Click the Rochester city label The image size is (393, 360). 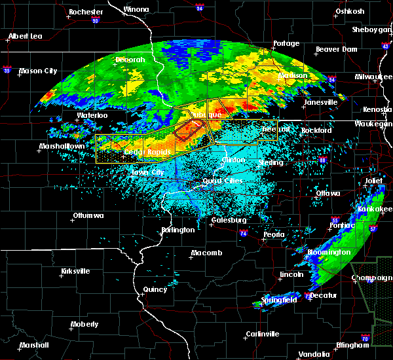coord(86,12)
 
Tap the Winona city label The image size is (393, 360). coord(136,9)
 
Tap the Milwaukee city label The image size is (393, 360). coord(374,76)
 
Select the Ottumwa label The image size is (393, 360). coord(85,215)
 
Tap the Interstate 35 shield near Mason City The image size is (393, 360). coord(7,68)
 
